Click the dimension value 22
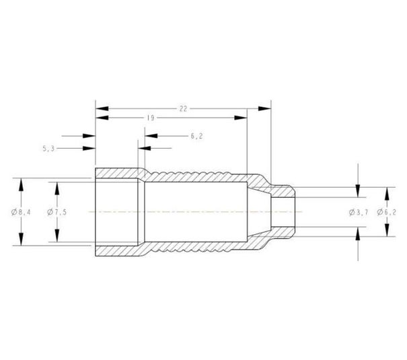[x=183, y=108]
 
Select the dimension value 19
[x=151, y=118]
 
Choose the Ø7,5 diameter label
[x=57, y=213]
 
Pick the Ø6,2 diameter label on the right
[x=386, y=213]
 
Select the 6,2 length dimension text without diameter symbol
[x=197, y=136]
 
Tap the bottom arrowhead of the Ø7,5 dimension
[x=57, y=237]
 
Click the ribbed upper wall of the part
[x=195, y=176]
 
